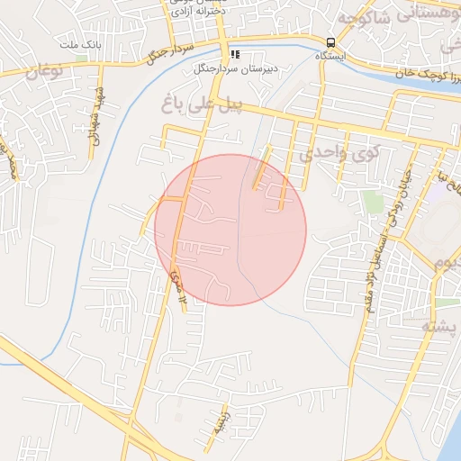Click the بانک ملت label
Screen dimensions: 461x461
(x=81, y=44)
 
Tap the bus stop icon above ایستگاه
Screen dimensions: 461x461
(x=331, y=42)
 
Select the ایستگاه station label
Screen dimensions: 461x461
(x=331, y=56)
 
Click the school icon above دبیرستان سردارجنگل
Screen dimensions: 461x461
(x=235, y=55)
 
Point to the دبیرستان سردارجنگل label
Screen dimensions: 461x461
(x=235, y=68)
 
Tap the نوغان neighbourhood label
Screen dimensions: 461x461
(x=40, y=73)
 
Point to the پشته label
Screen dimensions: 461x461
(x=441, y=327)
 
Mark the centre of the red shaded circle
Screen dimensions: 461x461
(x=230, y=230)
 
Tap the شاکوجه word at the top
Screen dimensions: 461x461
(x=369, y=15)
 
